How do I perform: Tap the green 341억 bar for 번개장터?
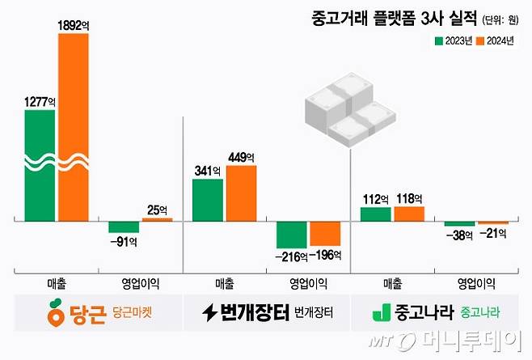tap(208, 199)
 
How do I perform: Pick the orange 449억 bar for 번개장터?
tap(241, 192)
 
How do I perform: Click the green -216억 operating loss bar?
tap(292, 234)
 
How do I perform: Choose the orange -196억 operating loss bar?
tap(325, 232)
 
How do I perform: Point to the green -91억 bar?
tap(124, 227)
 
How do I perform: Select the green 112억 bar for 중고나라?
tap(375, 214)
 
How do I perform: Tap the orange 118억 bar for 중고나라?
tap(408, 214)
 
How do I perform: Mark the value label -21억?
tap(492, 233)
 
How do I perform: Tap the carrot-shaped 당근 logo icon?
tap(55, 312)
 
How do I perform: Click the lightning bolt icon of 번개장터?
tap(209, 313)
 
